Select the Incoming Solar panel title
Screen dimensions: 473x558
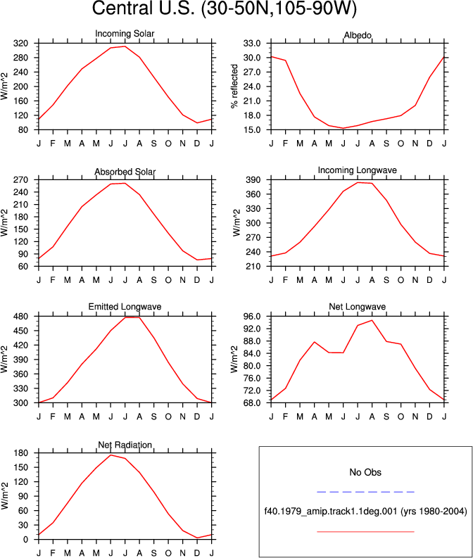click(125, 34)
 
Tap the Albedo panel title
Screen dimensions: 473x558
click(358, 35)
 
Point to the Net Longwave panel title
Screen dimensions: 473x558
click(358, 307)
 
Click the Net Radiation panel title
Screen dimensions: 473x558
click(125, 445)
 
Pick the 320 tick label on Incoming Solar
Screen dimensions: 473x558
click(20, 44)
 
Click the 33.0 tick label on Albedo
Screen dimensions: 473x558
click(252, 44)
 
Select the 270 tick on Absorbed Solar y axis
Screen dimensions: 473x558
click(20, 180)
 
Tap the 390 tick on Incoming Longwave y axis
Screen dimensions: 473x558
click(253, 180)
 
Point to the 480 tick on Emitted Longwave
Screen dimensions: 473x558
click(20, 317)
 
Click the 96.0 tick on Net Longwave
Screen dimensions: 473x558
click(252, 317)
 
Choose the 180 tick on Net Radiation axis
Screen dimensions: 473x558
click(20, 453)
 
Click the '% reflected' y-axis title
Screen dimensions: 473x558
click(234, 86)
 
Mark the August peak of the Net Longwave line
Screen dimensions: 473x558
click(372, 320)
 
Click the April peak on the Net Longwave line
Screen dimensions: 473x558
click(314, 342)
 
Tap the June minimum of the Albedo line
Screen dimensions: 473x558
click(343, 128)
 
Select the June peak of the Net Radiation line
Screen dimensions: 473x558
click(111, 455)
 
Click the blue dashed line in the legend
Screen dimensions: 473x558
click(365, 492)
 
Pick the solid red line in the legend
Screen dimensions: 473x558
click(365, 532)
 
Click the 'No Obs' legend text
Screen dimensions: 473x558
click(365, 472)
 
